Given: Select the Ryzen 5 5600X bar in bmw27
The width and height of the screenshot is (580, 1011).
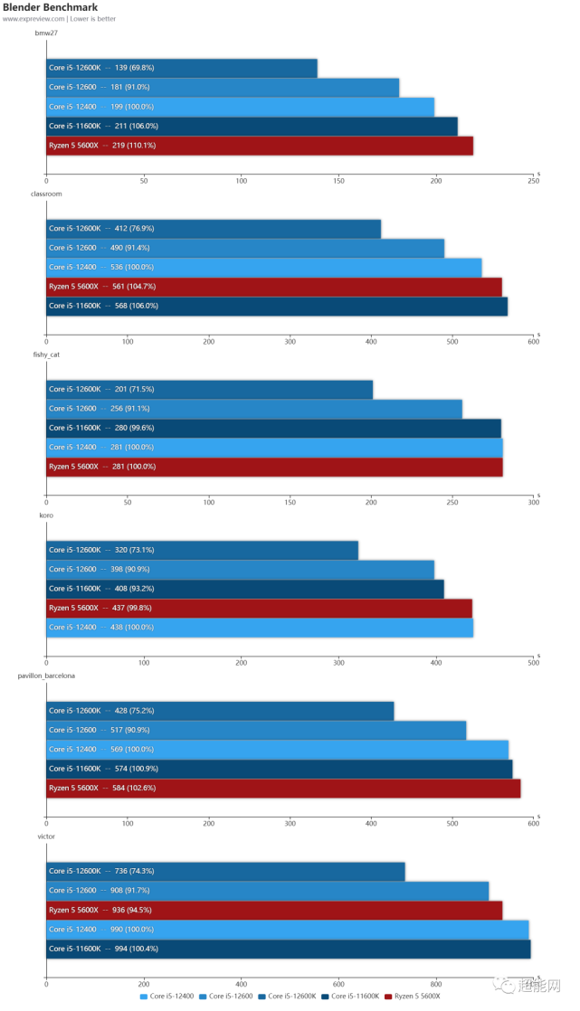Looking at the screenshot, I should tap(259, 146).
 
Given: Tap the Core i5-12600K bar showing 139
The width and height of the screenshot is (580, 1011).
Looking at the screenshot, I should tap(181, 68).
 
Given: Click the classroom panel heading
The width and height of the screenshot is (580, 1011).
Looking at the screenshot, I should tap(46, 194).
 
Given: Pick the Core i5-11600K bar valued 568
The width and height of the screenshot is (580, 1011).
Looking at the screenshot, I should tap(276, 306).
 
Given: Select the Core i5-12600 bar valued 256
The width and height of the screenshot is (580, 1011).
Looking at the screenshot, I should tap(253, 409).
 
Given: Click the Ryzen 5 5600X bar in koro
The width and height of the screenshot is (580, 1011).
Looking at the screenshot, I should tap(259, 608).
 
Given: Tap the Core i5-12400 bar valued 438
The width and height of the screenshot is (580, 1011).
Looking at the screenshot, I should tap(259, 627).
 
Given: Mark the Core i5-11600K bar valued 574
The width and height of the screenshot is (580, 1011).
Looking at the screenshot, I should tap(279, 769).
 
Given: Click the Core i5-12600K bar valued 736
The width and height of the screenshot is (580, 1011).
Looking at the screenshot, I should tap(225, 871).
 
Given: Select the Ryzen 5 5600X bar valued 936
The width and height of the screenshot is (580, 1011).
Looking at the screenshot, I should tap(273, 910).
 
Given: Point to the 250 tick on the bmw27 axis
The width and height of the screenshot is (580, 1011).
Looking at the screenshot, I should tap(533, 181).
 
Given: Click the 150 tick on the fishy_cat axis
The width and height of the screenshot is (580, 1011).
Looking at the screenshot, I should tap(290, 502).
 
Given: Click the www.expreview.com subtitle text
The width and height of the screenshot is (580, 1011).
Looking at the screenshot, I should tap(59, 19).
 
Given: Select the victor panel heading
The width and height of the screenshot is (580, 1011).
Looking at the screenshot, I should tap(46, 836).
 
